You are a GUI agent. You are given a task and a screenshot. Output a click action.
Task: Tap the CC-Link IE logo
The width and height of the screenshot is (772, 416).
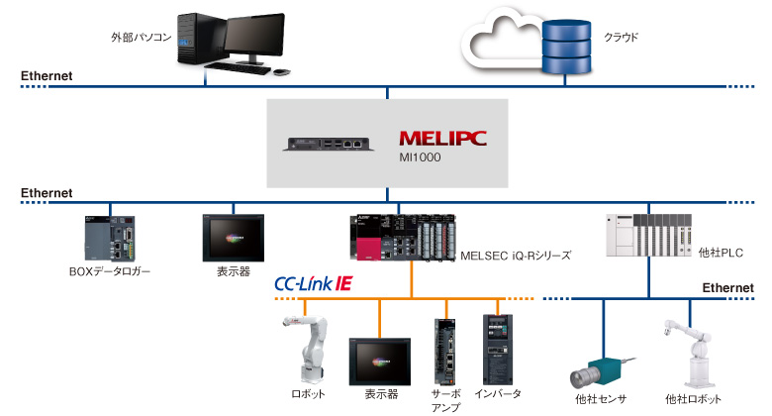(313, 284)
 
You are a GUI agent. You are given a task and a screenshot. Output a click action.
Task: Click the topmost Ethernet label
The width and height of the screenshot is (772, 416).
(47, 76)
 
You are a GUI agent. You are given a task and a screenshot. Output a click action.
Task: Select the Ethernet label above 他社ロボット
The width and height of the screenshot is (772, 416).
(727, 287)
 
